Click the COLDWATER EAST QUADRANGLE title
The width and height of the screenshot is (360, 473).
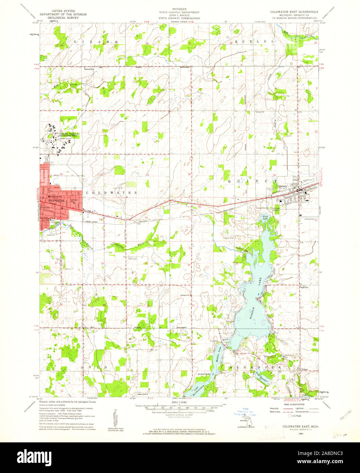click(294, 11)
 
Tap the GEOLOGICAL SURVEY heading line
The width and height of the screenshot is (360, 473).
click(63, 18)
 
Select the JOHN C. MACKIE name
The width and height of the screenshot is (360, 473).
click(180, 15)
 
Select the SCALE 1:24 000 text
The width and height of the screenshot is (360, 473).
click(180, 402)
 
